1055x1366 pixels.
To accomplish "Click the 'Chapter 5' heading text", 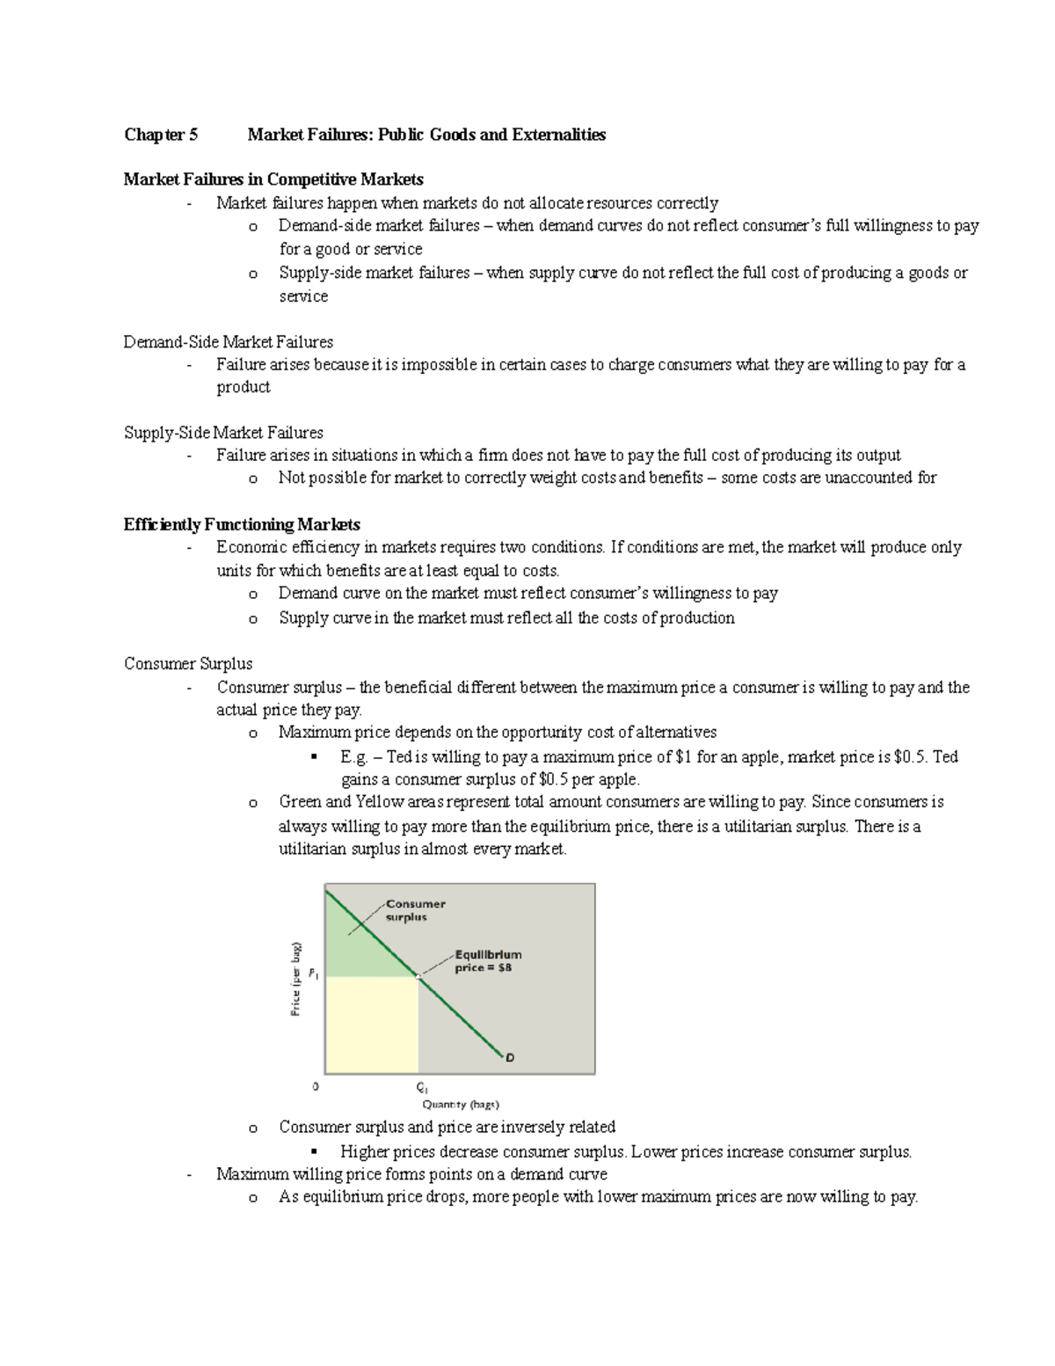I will click(161, 135).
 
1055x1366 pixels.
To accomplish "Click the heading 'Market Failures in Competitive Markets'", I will click(273, 179).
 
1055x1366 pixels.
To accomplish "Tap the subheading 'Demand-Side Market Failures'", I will click(229, 341).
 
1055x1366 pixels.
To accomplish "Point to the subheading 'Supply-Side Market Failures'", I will click(223, 433).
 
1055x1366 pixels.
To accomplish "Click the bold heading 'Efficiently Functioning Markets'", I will click(242, 524).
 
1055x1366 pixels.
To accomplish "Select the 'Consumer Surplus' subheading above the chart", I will click(188, 663).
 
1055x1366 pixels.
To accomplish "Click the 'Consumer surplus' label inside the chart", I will click(415, 909).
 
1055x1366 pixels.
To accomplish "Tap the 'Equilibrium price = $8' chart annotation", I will click(487, 961).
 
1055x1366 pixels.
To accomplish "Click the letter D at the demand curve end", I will click(510, 1058).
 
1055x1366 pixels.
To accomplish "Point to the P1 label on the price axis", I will click(314, 975).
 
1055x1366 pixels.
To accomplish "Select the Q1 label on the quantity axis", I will click(421, 1087).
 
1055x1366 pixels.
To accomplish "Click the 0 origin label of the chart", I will click(316, 1086).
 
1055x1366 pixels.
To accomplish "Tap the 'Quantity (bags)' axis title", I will click(461, 1105).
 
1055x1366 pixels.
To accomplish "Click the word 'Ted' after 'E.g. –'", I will click(398, 756).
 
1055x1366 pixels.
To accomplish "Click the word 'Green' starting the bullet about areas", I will click(300, 802).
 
